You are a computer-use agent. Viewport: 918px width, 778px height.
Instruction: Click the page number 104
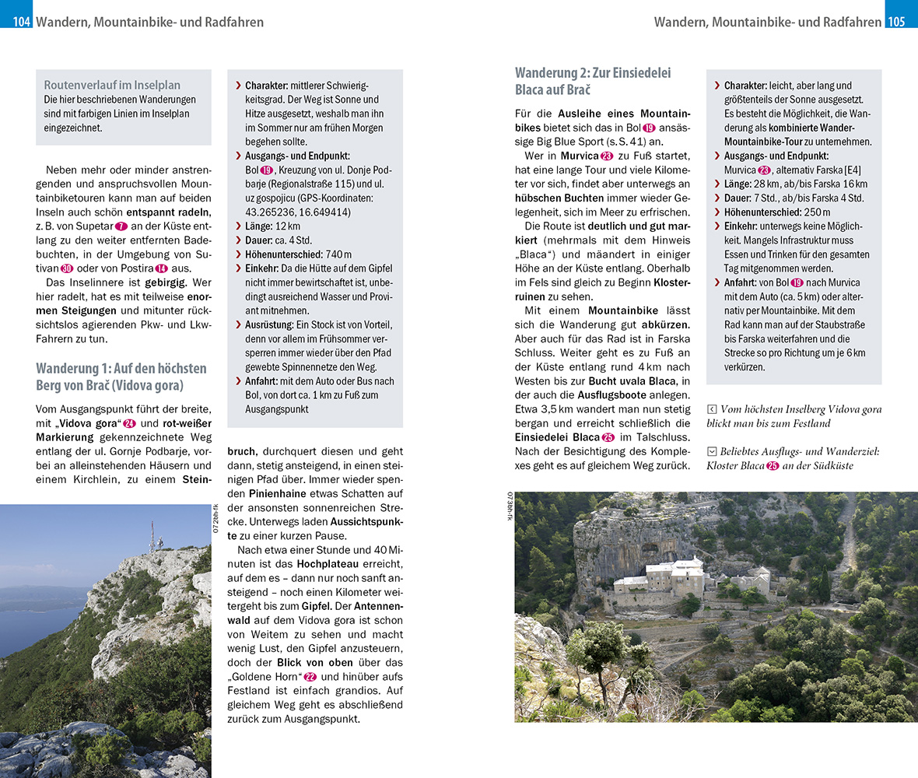pos(21,22)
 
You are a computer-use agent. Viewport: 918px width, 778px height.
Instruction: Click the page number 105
pos(896,22)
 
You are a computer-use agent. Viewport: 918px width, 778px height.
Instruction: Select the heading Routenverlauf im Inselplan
pos(112,85)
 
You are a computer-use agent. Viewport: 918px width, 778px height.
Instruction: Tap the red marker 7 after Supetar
pos(121,225)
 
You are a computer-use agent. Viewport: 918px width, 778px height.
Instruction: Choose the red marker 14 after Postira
pos(162,268)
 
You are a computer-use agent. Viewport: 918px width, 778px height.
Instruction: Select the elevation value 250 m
pos(815,212)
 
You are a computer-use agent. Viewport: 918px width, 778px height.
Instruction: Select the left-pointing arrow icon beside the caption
pos(711,409)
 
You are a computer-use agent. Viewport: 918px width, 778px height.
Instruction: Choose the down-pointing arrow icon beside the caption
pos(711,451)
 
